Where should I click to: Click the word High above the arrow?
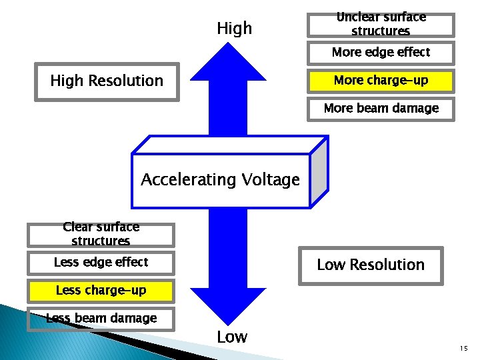click(x=235, y=28)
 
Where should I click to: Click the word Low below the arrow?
click(x=232, y=337)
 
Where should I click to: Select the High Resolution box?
click(x=107, y=81)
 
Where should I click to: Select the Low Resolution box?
click(x=370, y=265)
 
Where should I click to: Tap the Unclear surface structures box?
click(x=381, y=25)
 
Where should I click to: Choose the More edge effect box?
click(x=381, y=52)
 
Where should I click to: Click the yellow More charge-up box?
click(x=381, y=81)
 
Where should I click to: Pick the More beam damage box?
click(x=381, y=108)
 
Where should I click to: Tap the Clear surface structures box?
click(x=101, y=234)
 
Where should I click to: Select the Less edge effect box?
click(x=101, y=262)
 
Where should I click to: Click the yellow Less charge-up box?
click(x=101, y=291)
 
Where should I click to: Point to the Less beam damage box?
click(x=101, y=319)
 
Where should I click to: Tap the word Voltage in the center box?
click(x=270, y=179)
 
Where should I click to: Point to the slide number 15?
click(x=463, y=349)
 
